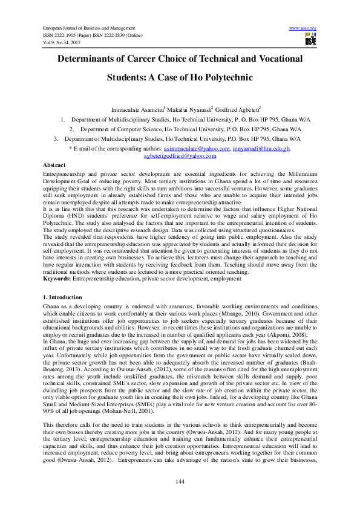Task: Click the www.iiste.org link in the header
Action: pos(303,28)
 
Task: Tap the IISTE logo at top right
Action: pos(311,41)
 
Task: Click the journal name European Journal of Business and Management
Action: pos(87,28)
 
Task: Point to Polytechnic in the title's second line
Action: pos(222,78)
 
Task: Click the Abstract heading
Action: pos(54,164)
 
